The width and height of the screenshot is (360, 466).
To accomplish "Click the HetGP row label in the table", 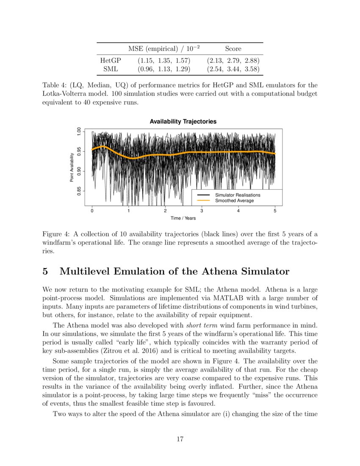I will pyautogui.click(x=107, y=60).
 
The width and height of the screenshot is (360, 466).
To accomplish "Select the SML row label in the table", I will pyautogui.click(x=107, y=68).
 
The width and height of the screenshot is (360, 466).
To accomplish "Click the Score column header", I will pyautogui.click(x=233, y=49).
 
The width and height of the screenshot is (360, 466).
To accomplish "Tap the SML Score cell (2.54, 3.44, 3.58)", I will pyautogui.click(x=233, y=68).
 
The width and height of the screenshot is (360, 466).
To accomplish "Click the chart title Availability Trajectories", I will pyautogui.click(x=183, y=122).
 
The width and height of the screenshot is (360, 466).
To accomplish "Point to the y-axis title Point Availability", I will pyautogui.click(x=72, y=168).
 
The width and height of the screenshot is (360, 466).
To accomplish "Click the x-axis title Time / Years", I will pyautogui.click(x=183, y=218).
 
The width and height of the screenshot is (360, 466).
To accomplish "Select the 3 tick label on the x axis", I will pyautogui.click(x=202, y=211).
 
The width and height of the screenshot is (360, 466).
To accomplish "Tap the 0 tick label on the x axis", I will pyautogui.click(x=92, y=211).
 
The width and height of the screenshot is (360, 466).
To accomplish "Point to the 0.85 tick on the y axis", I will pyautogui.click(x=78, y=191).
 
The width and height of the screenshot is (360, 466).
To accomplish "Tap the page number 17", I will pyautogui.click(x=180, y=439).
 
